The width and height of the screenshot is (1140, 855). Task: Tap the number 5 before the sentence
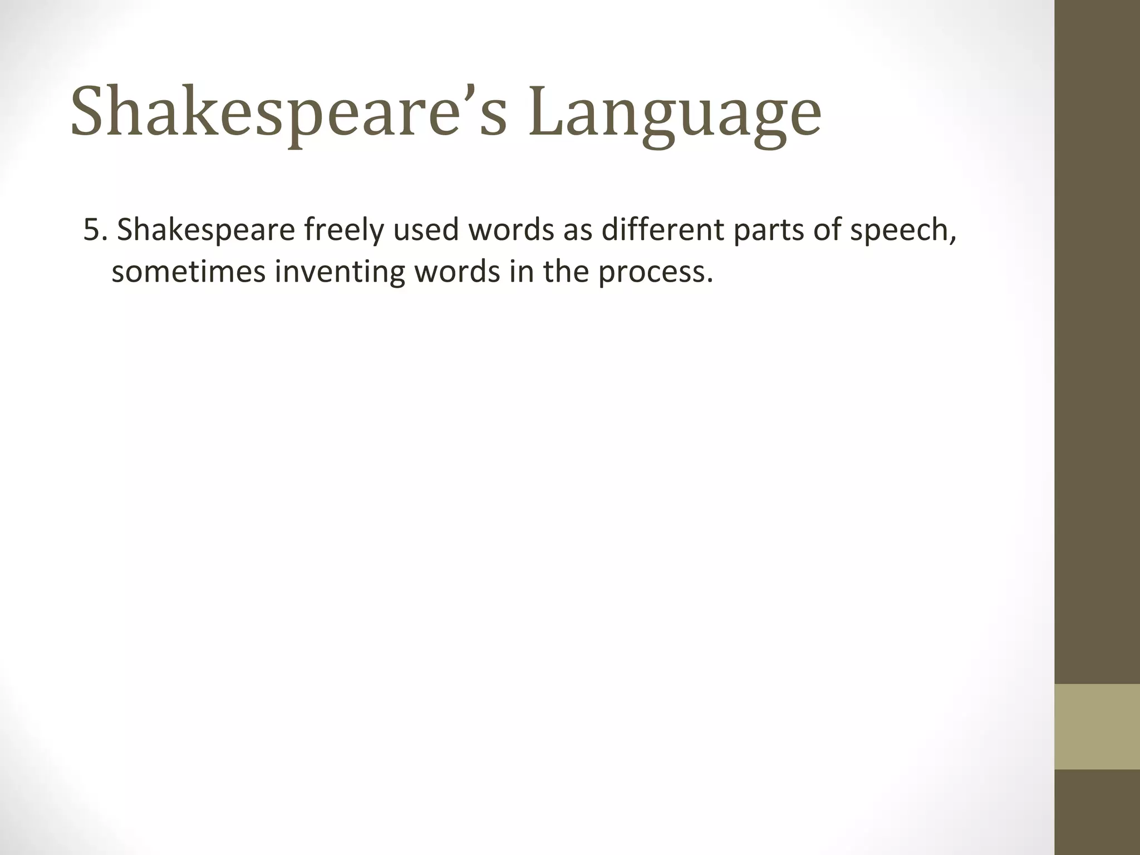(x=91, y=230)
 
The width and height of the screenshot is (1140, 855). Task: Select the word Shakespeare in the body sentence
(x=206, y=230)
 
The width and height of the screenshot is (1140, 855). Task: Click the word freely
(x=344, y=230)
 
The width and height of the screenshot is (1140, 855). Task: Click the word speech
(x=902, y=230)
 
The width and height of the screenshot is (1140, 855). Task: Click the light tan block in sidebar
(x=1097, y=726)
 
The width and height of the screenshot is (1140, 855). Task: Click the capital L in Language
(x=546, y=111)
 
